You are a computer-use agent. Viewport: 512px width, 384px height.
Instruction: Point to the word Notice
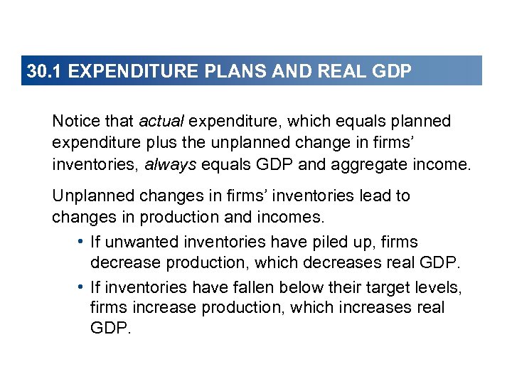[75, 122]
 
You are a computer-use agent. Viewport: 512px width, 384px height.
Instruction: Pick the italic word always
[171, 166]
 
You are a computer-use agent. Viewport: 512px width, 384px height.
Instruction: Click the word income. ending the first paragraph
[444, 166]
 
